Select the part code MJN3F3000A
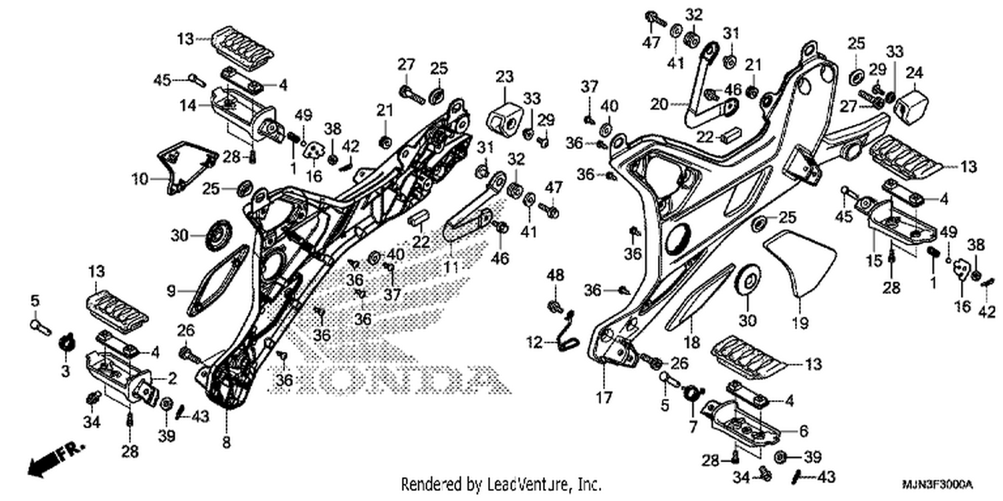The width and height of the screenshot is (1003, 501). [x=937, y=485]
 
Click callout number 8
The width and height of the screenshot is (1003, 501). [x=227, y=442]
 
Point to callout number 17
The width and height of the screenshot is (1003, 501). [x=604, y=397]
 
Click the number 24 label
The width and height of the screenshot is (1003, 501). [x=915, y=72]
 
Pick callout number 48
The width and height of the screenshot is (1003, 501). [x=555, y=275]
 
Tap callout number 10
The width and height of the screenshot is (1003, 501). [x=140, y=180]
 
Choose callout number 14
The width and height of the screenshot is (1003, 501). [x=188, y=106]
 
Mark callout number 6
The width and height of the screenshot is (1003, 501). [x=804, y=431]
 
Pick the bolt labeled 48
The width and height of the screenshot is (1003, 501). [x=555, y=307]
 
